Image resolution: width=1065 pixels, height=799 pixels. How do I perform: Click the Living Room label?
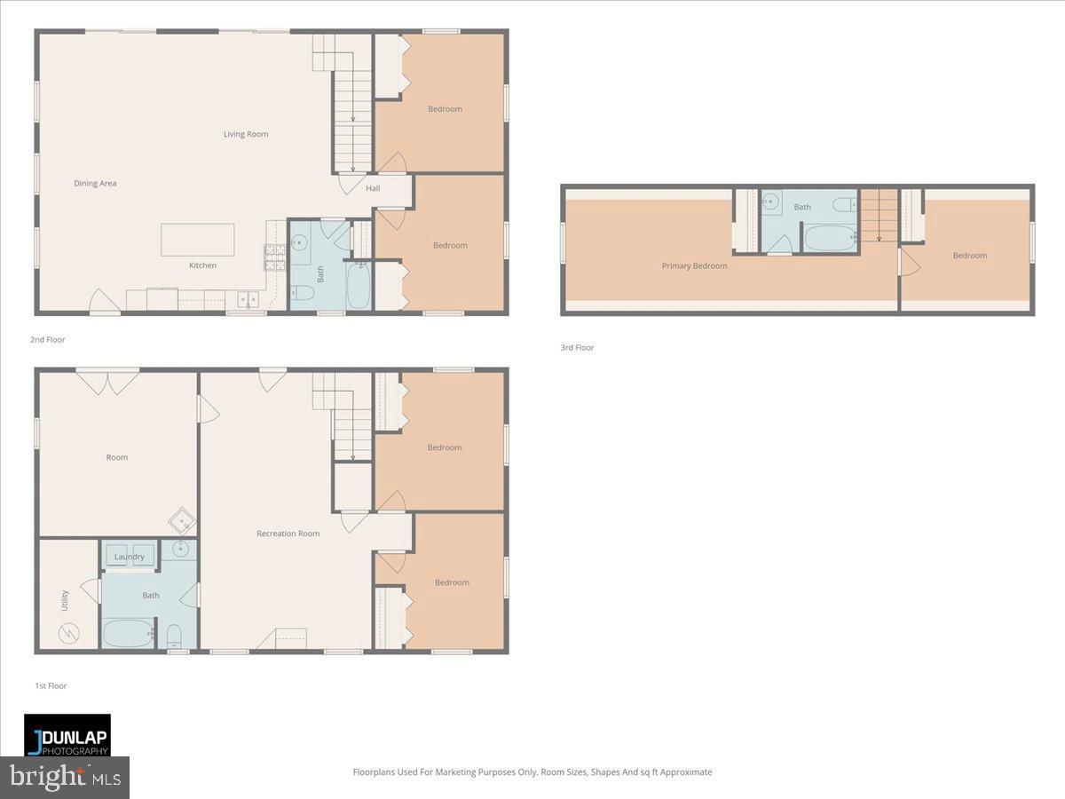tap(246, 134)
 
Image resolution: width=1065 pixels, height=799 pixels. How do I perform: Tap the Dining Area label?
tap(95, 184)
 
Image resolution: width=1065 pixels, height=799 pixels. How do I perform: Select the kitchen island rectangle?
tap(197, 240)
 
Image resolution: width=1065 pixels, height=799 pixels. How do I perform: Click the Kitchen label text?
tap(202, 265)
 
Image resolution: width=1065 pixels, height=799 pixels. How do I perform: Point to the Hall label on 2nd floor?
tap(373, 188)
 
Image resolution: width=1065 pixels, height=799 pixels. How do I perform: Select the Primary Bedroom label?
tap(694, 265)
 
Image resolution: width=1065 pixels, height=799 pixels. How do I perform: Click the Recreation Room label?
tap(288, 534)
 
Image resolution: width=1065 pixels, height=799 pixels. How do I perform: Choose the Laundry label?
tap(130, 557)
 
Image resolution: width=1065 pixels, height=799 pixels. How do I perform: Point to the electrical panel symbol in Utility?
tap(68, 634)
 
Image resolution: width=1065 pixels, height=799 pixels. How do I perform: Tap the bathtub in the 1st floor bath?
tap(129, 633)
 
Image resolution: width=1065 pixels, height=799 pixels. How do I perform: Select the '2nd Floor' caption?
tap(47, 340)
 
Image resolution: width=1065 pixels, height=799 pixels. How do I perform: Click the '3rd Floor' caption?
tap(577, 348)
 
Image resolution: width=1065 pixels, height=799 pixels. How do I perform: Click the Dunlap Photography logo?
tap(67, 735)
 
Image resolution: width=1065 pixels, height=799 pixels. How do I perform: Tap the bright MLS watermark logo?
tap(65, 777)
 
